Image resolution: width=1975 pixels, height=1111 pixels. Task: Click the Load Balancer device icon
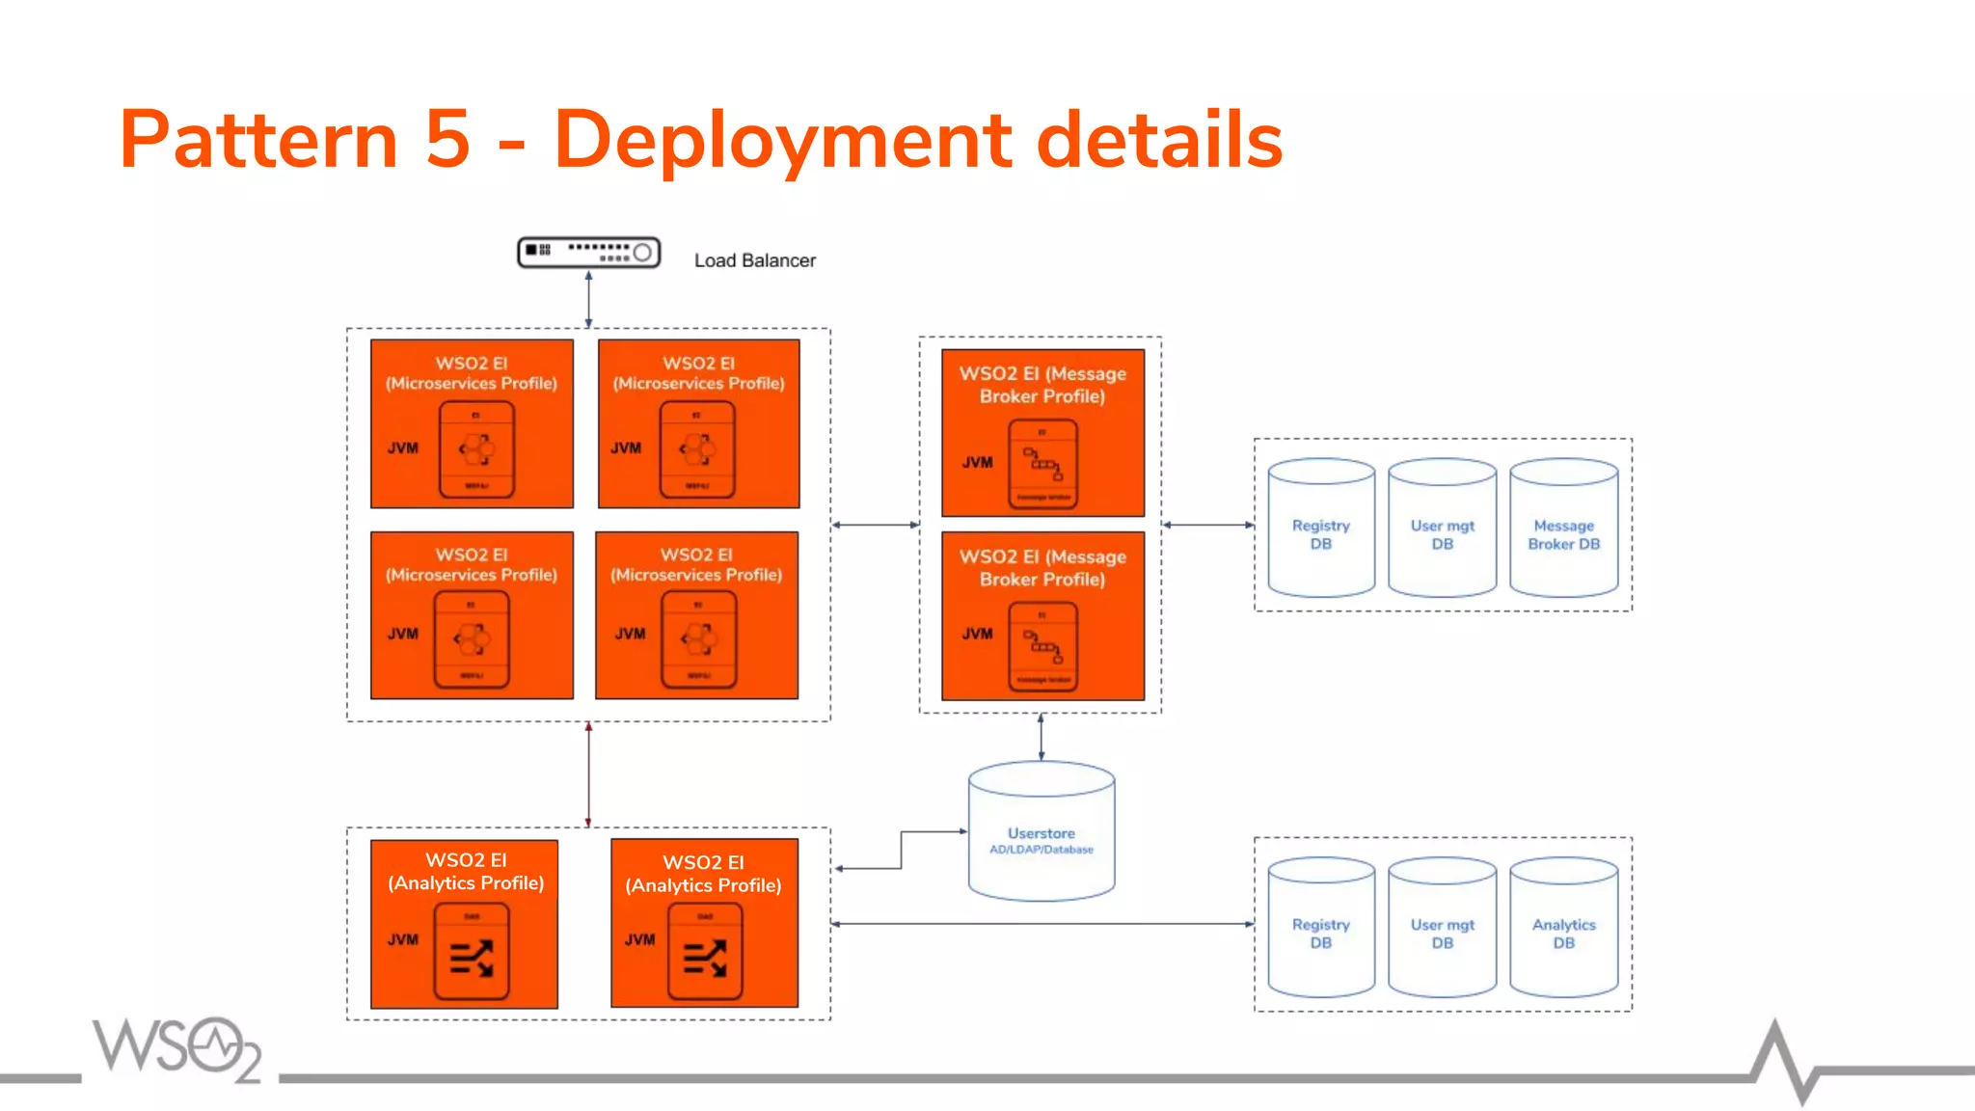coord(588,253)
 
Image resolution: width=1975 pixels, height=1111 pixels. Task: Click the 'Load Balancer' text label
coord(754,260)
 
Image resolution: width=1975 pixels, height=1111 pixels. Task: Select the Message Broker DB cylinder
coord(1563,528)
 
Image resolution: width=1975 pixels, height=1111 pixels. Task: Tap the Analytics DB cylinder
coord(1563,928)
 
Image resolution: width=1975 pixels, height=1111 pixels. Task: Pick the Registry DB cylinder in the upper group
coord(1320,528)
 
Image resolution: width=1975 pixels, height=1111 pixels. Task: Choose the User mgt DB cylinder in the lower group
coord(1442,928)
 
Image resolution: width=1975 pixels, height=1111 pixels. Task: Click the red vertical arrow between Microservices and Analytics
coord(588,774)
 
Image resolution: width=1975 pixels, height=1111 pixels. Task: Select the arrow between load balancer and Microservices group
coord(588,300)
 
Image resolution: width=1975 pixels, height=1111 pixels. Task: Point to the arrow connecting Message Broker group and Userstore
coord(1041,738)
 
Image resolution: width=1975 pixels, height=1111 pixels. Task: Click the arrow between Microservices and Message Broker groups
coord(876,525)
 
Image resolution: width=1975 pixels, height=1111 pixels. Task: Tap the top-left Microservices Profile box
coord(472,423)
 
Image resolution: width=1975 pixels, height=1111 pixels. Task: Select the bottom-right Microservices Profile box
coord(696,615)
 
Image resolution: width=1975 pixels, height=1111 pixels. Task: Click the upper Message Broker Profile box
coord(1042,432)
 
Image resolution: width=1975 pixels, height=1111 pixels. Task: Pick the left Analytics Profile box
coord(464,924)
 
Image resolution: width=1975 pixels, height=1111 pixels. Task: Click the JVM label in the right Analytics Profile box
coord(639,939)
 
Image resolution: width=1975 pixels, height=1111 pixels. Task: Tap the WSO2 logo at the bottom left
coord(176,1048)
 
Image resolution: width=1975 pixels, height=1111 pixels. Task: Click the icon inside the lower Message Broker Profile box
coord(1042,646)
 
